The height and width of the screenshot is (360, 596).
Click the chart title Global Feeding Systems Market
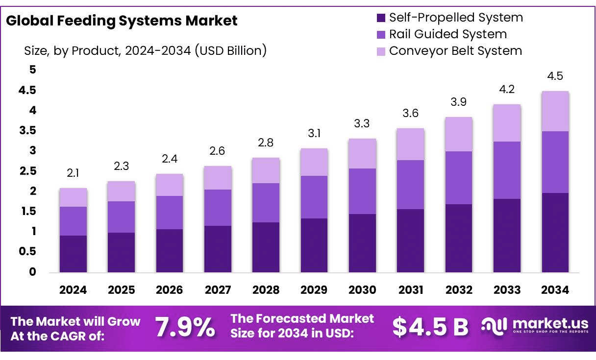click(x=122, y=21)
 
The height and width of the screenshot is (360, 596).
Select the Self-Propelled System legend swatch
click(x=381, y=18)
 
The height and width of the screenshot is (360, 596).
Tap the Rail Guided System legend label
click(x=447, y=34)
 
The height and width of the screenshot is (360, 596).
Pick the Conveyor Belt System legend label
click(x=455, y=51)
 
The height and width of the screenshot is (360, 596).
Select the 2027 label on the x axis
click(x=218, y=290)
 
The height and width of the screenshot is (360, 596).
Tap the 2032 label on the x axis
click(x=459, y=290)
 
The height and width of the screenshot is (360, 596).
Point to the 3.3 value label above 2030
click(x=362, y=124)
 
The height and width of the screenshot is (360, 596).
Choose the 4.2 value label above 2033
click(x=507, y=89)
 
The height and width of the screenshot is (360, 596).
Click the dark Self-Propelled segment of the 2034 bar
click(x=555, y=233)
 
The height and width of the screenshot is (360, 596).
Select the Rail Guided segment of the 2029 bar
click(x=314, y=197)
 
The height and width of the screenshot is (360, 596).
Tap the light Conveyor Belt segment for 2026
click(x=170, y=185)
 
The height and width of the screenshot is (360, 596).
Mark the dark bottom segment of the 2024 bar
click(x=73, y=254)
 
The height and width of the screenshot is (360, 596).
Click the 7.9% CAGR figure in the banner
click(x=185, y=328)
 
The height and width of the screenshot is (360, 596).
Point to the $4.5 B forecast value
click(x=430, y=327)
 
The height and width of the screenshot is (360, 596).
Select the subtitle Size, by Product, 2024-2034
click(x=145, y=50)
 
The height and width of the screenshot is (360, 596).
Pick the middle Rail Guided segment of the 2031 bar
click(x=411, y=185)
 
